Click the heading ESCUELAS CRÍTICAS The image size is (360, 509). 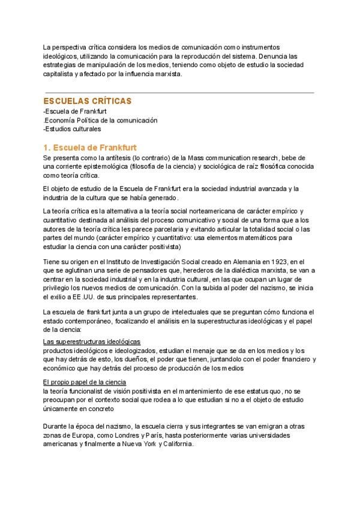(87, 101)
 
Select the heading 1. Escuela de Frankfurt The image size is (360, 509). (90, 147)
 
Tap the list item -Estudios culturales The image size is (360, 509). (72, 129)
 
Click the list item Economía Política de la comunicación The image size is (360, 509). (101, 120)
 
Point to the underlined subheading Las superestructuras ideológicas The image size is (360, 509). (91, 342)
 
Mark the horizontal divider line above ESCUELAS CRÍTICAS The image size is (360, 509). (178, 92)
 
